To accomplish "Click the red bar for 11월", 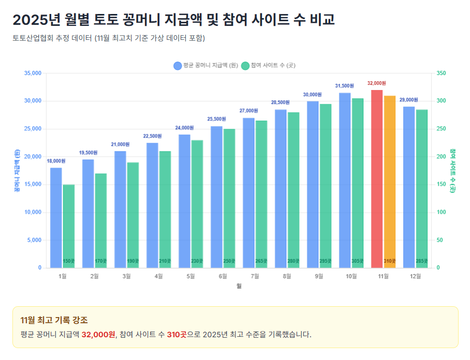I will click(x=377, y=179).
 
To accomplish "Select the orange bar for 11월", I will click(x=390, y=182).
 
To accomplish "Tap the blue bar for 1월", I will click(x=56, y=218).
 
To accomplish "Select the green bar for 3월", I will click(x=133, y=215).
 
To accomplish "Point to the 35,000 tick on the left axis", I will click(x=33, y=73).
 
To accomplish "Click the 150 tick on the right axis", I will click(x=442, y=184).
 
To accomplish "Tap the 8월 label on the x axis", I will click(x=287, y=277).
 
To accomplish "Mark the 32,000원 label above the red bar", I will click(x=377, y=83).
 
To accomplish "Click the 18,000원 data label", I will click(x=56, y=161).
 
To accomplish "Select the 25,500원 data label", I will click(x=216, y=119).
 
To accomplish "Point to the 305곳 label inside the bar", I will click(x=357, y=261).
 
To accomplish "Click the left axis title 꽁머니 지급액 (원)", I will click(x=17, y=171).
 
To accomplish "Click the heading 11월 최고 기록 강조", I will click(x=54, y=321).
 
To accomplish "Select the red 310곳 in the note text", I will click(x=176, y=335).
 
